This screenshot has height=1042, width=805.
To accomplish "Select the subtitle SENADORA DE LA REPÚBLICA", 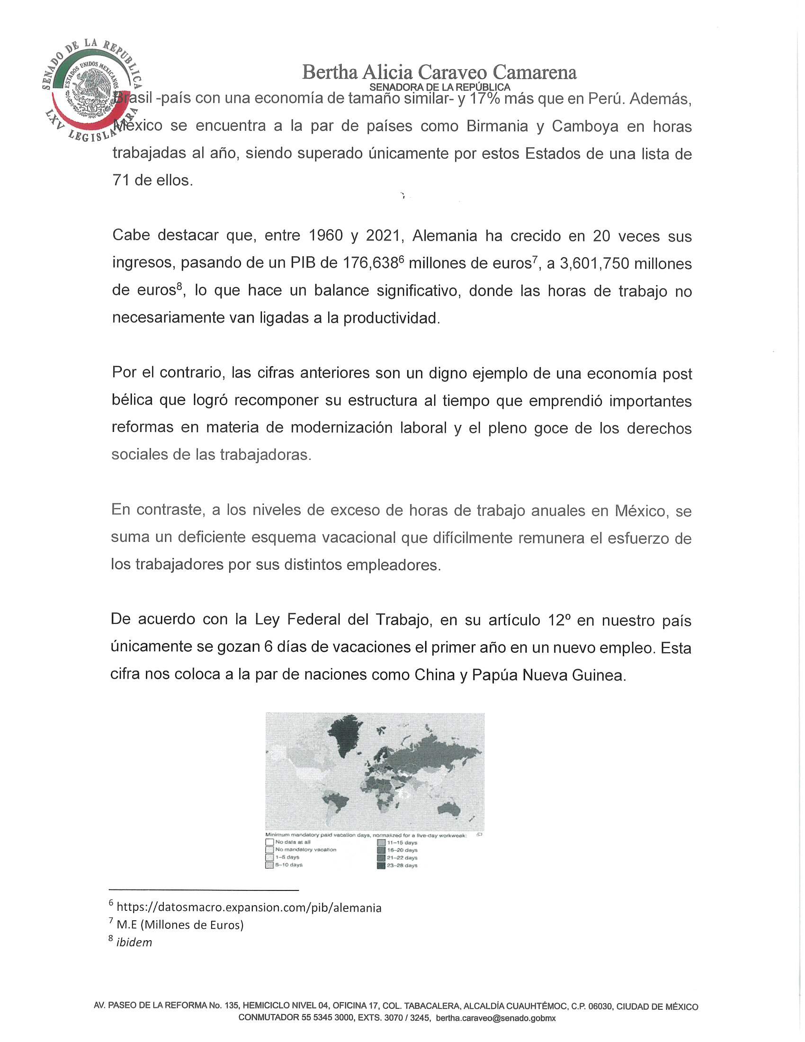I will [x=439, y=87].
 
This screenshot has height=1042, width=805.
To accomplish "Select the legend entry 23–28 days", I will [x=402, y=865].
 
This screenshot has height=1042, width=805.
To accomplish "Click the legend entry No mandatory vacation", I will [x=305, y=850].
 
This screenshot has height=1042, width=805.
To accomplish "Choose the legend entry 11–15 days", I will [x=402, y=843].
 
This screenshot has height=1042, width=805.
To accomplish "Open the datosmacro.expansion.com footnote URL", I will [x=249, y=907].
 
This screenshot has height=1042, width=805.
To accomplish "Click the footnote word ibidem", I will [x=134, y=942].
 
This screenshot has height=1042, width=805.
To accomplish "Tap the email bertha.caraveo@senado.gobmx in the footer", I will [x=495, y=1018].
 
